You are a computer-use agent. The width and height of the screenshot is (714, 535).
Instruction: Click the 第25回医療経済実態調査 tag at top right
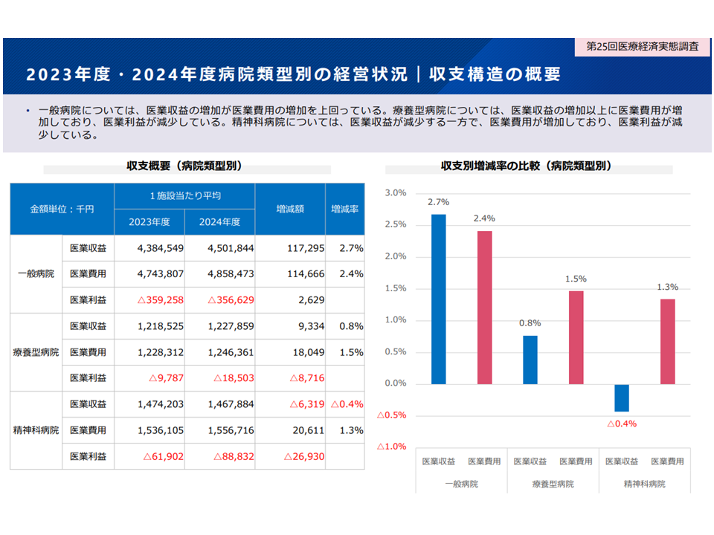pyautogui.click(x=643, y=46)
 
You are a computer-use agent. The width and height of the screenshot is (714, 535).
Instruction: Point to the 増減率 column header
pyautogui.click(x=345, y=210)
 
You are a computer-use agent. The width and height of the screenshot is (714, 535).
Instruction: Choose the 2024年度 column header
pyautogui.click(x=219, y=221)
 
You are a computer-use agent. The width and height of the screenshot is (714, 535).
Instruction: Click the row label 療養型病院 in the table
pyautogui.click(x=36, y=351)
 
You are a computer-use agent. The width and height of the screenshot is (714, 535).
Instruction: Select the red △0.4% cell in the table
pyautogui.click(x=347, y=404)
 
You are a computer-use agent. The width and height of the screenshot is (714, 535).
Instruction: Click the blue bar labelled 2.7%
pyautogui.click(x=439, y=299)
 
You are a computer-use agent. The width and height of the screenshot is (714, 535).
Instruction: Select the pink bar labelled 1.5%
pyautogui.click(x=576, y=337)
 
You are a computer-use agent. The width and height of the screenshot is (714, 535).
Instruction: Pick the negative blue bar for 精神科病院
pyautogui.click(x=622, y=398)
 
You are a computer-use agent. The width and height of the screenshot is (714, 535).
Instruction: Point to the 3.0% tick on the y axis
pyautogui.click(x=395, y=193)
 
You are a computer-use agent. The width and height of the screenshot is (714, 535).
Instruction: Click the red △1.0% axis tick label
pyautogui.click(x=392, y=447)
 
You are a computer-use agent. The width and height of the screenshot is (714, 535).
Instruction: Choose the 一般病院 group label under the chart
pyautogui.click(x=461, y=484)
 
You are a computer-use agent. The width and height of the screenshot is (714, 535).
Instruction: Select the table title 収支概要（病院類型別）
pyautogui.click(x=184, y=166)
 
